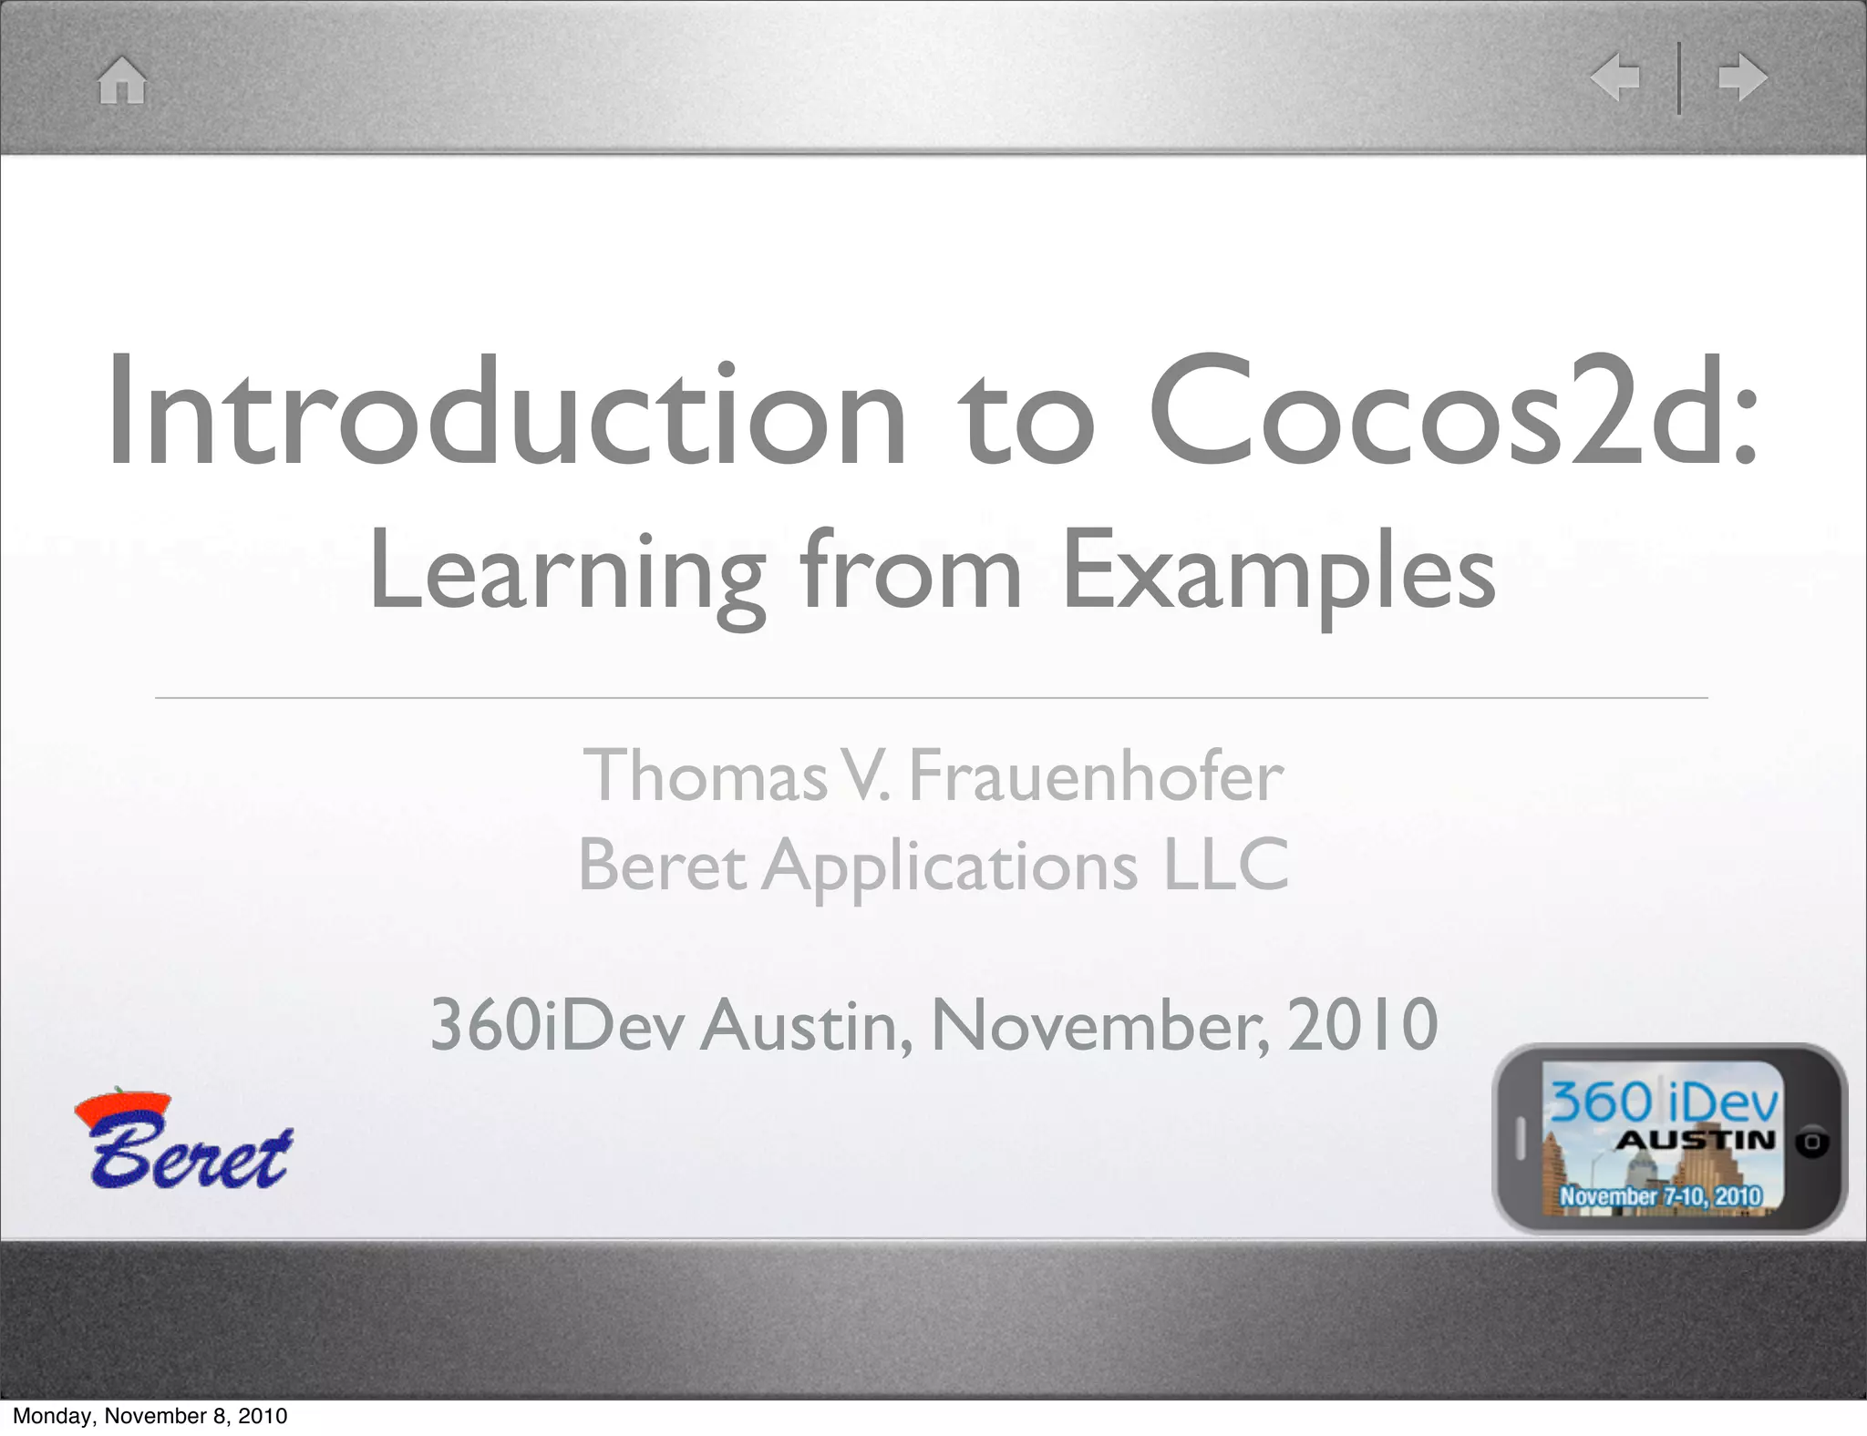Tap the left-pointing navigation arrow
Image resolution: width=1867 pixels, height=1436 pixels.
[x=1615, y=78]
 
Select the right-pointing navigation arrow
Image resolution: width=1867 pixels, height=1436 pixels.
[x=1742, y=78]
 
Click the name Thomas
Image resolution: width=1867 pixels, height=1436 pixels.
[x=705, y=776]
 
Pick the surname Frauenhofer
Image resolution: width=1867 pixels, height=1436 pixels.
[x=1097, y=776]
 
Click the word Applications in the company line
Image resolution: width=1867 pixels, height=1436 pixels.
[x=949, y=867]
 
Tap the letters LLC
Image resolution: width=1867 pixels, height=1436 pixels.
[x=1226, y=865]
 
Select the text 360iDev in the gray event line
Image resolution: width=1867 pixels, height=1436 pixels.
[x=556, y=1025]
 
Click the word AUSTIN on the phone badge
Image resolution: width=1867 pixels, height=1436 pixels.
[x=1696, y=1140]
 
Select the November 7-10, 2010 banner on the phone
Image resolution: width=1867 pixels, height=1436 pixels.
[x=1660, y=1195]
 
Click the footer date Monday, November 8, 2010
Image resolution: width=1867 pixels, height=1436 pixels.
[x=150, y=1416]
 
